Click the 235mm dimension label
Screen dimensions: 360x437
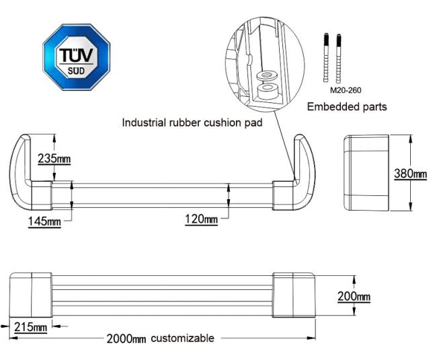54,159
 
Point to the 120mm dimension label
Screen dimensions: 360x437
202,219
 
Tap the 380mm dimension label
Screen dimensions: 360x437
409,174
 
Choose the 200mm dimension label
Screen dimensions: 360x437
354,297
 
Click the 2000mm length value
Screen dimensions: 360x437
126,338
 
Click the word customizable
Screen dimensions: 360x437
182,338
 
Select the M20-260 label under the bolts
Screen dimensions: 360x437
345,89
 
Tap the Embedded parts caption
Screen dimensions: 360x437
347,106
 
